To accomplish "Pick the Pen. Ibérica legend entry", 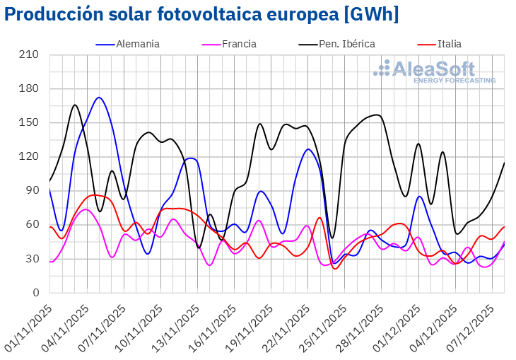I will click(346, 44).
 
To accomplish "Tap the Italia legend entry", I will click(449, 44).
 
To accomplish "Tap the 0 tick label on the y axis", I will click(39, 292).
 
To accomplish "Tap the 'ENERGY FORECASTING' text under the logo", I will click(454, 81).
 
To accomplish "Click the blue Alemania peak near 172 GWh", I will click(99, 98).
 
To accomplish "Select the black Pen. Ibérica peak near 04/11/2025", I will click(75, 105).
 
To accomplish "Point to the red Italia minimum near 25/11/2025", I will click(335, 269).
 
